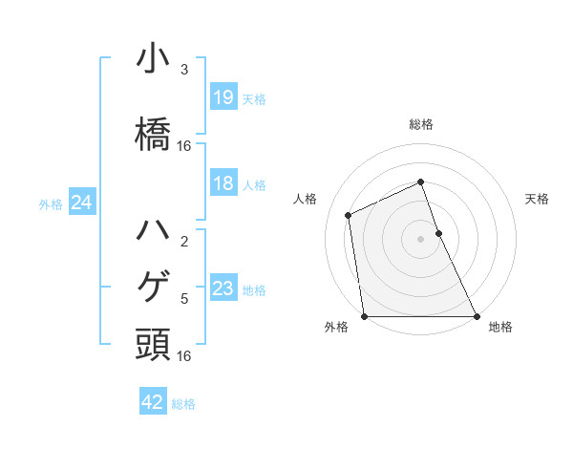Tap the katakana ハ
coord(153,229)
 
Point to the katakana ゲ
coord(153,286)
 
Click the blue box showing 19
coord(223,97)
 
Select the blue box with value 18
coord(223,184)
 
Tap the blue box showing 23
coord(223,289)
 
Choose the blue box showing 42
coord(153,403)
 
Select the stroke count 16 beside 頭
coord(184,355)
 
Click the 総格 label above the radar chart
coord(420,124)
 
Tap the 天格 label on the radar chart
coord(537,199)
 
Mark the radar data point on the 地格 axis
coord(476,316)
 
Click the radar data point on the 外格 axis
coord(365,316)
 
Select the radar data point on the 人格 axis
coord(349,215)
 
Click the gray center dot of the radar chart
coord(420,238)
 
